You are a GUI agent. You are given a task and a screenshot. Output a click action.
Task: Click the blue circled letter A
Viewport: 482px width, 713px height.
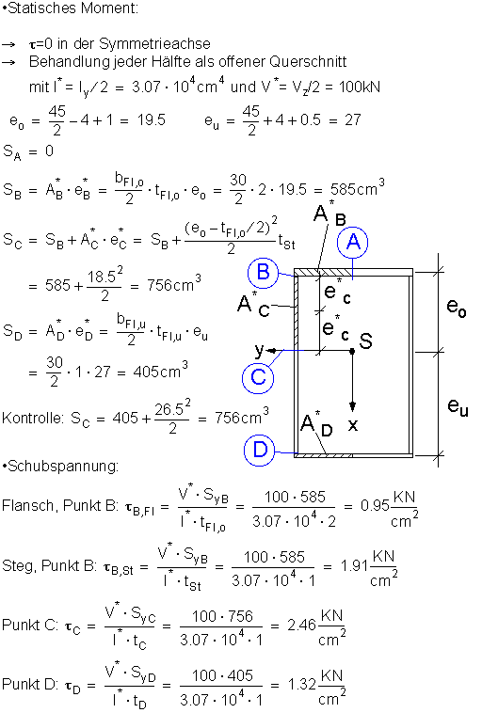353,243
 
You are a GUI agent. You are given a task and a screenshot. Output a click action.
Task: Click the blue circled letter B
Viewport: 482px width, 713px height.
264,272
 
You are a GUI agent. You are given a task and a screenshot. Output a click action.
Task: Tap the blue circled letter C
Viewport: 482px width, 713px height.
258,377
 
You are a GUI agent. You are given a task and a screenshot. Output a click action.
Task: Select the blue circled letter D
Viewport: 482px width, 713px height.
260,450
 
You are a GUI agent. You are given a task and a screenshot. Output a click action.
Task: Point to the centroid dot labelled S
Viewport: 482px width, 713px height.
352,351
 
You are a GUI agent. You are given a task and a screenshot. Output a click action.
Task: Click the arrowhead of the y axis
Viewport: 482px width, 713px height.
271,351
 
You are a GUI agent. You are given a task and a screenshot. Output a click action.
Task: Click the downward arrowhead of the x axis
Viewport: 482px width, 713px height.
352,406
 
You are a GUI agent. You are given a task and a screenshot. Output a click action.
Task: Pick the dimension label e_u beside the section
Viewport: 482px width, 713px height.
458,405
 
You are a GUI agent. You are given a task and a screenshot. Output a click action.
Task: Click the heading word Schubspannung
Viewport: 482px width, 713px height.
63,467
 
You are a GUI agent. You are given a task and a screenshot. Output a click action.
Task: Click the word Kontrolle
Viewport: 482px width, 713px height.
32,418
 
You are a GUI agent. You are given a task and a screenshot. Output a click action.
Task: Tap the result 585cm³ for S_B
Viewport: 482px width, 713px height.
358,187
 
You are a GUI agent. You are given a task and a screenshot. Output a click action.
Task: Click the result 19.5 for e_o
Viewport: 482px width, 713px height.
152,120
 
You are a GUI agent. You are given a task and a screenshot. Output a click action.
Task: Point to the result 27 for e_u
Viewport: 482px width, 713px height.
353,120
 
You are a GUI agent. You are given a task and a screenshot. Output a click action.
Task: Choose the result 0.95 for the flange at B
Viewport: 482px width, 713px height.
375,505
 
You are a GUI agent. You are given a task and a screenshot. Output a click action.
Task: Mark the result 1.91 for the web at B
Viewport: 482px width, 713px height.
354,565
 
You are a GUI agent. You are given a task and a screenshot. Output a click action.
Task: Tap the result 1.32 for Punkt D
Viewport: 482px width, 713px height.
302,684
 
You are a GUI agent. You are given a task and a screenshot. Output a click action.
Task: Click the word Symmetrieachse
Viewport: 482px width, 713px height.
154,43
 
